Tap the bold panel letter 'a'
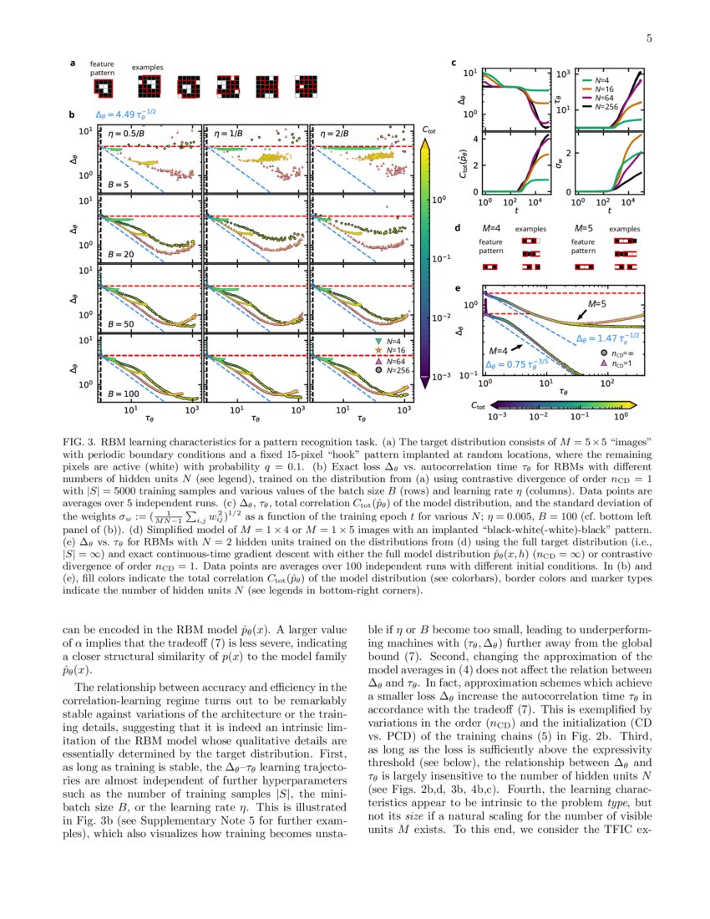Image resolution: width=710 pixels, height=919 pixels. point(73,63)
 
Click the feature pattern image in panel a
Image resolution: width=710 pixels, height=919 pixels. point(102,87)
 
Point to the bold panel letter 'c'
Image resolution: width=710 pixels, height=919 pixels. point(453,63)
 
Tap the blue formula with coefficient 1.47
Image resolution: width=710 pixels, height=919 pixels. point(607,338)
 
